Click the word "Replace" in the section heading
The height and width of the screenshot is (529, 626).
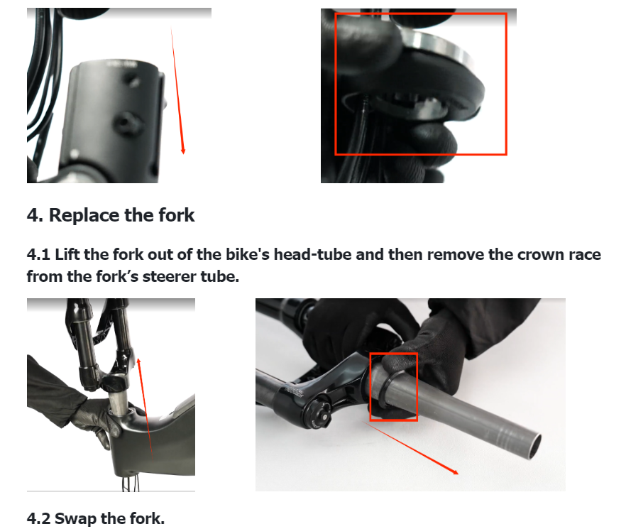click(x=84, y=215)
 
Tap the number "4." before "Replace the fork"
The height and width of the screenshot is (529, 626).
click(x=35, y=215)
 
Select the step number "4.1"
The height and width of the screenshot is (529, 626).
click(x=38, y=254)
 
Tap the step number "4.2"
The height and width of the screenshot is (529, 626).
click(x=39, y=518)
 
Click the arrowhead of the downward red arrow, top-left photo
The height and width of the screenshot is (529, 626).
click(x=183, y=151)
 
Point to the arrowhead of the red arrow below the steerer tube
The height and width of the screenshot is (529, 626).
click(x=456, y=473)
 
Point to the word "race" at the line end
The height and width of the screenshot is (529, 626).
click(x=585, y=254)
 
